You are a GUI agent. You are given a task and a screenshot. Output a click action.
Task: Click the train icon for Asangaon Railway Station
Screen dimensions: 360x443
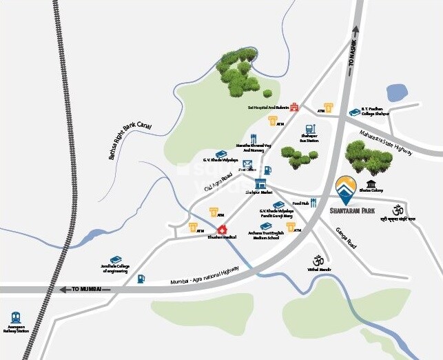(x=15, y=318)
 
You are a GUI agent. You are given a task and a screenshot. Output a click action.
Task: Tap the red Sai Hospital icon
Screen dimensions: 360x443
(x=294, y=107)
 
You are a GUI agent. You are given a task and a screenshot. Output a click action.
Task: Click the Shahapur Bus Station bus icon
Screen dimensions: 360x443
(x=311, y=129)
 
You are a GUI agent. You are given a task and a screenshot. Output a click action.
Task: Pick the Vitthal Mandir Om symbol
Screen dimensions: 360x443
(x=318, y=260)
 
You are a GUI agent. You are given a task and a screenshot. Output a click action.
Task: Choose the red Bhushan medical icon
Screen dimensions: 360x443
(x=222, y=229)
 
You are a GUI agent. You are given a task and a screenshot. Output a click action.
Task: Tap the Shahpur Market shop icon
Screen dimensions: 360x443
(x=260, y=183)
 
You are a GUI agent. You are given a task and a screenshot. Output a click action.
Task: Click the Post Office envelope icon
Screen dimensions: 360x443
(x=247, y=164)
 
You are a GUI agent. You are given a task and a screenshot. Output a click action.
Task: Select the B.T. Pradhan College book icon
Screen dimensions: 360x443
(x=355, y=112)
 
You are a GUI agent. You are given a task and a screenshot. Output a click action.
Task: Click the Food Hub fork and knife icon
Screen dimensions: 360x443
(x=313, y=203)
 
